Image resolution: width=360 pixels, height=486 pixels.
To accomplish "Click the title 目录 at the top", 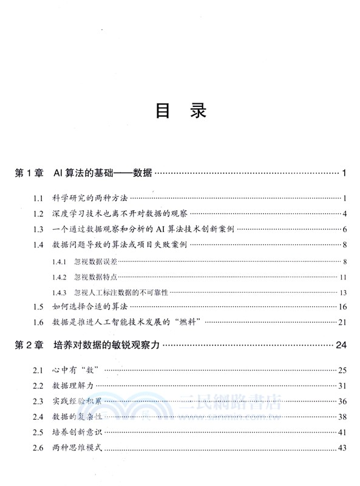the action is [x=181, y=111].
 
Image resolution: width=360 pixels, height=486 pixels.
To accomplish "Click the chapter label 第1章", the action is [x=28, y=174].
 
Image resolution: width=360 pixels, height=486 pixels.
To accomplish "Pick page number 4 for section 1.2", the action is [x=344, y=214].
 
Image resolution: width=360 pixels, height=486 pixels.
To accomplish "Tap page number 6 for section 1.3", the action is [x=344, y=230].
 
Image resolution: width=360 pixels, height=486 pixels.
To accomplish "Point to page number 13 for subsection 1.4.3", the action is [x=342, y=293].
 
